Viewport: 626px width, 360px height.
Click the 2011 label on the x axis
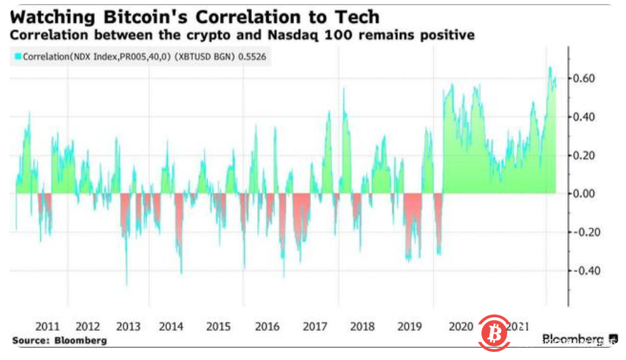click(46, 326)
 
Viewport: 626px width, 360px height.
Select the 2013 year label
click(129, 326)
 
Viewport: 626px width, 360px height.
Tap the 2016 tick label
click(267, 326)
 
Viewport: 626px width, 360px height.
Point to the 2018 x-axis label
click(363, 326)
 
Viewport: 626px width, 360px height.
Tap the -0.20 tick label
click(584, 232)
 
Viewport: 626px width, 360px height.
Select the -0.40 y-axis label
click(584, 270)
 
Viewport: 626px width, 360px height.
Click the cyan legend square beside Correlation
click(18, 58)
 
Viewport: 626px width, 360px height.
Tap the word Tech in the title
click(358, 16)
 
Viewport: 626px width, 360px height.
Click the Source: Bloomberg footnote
click(58, 340)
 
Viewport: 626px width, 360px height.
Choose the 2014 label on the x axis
click(170, 326)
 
